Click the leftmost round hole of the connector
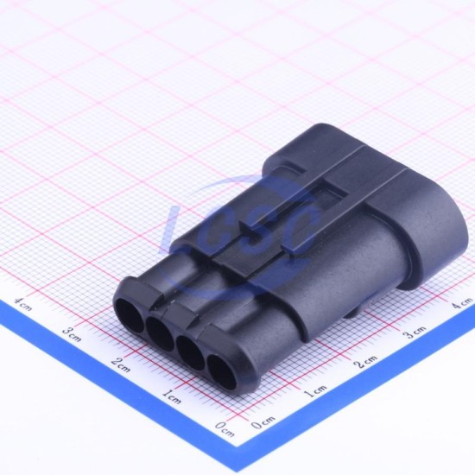click(x=130, y=315)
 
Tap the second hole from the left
click(x=160, y=334)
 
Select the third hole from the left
click(x=191, y=353)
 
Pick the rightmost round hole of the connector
click(x=223, y=373)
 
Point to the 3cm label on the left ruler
click(x=72, y=334)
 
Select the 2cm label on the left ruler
click(x=121, y=364)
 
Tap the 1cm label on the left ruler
click(x=172, y=396)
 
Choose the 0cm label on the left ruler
click(x=225, y=429)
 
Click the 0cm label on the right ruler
click(x=263, y=422)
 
